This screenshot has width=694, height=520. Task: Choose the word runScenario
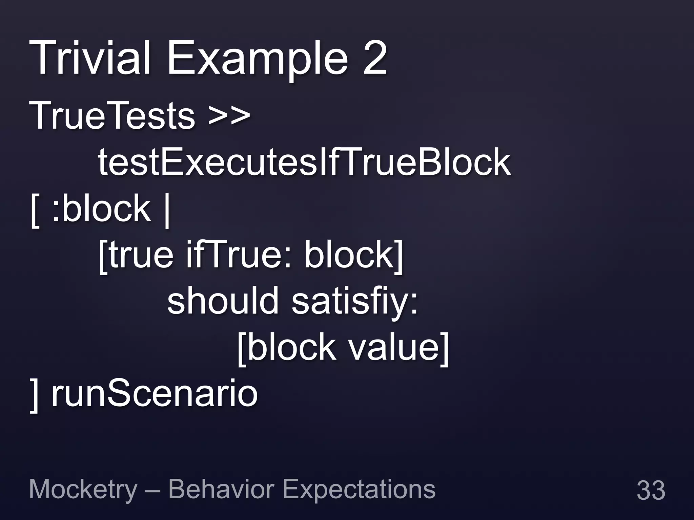coord(155,394)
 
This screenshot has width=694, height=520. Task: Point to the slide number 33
coord(651,490)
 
